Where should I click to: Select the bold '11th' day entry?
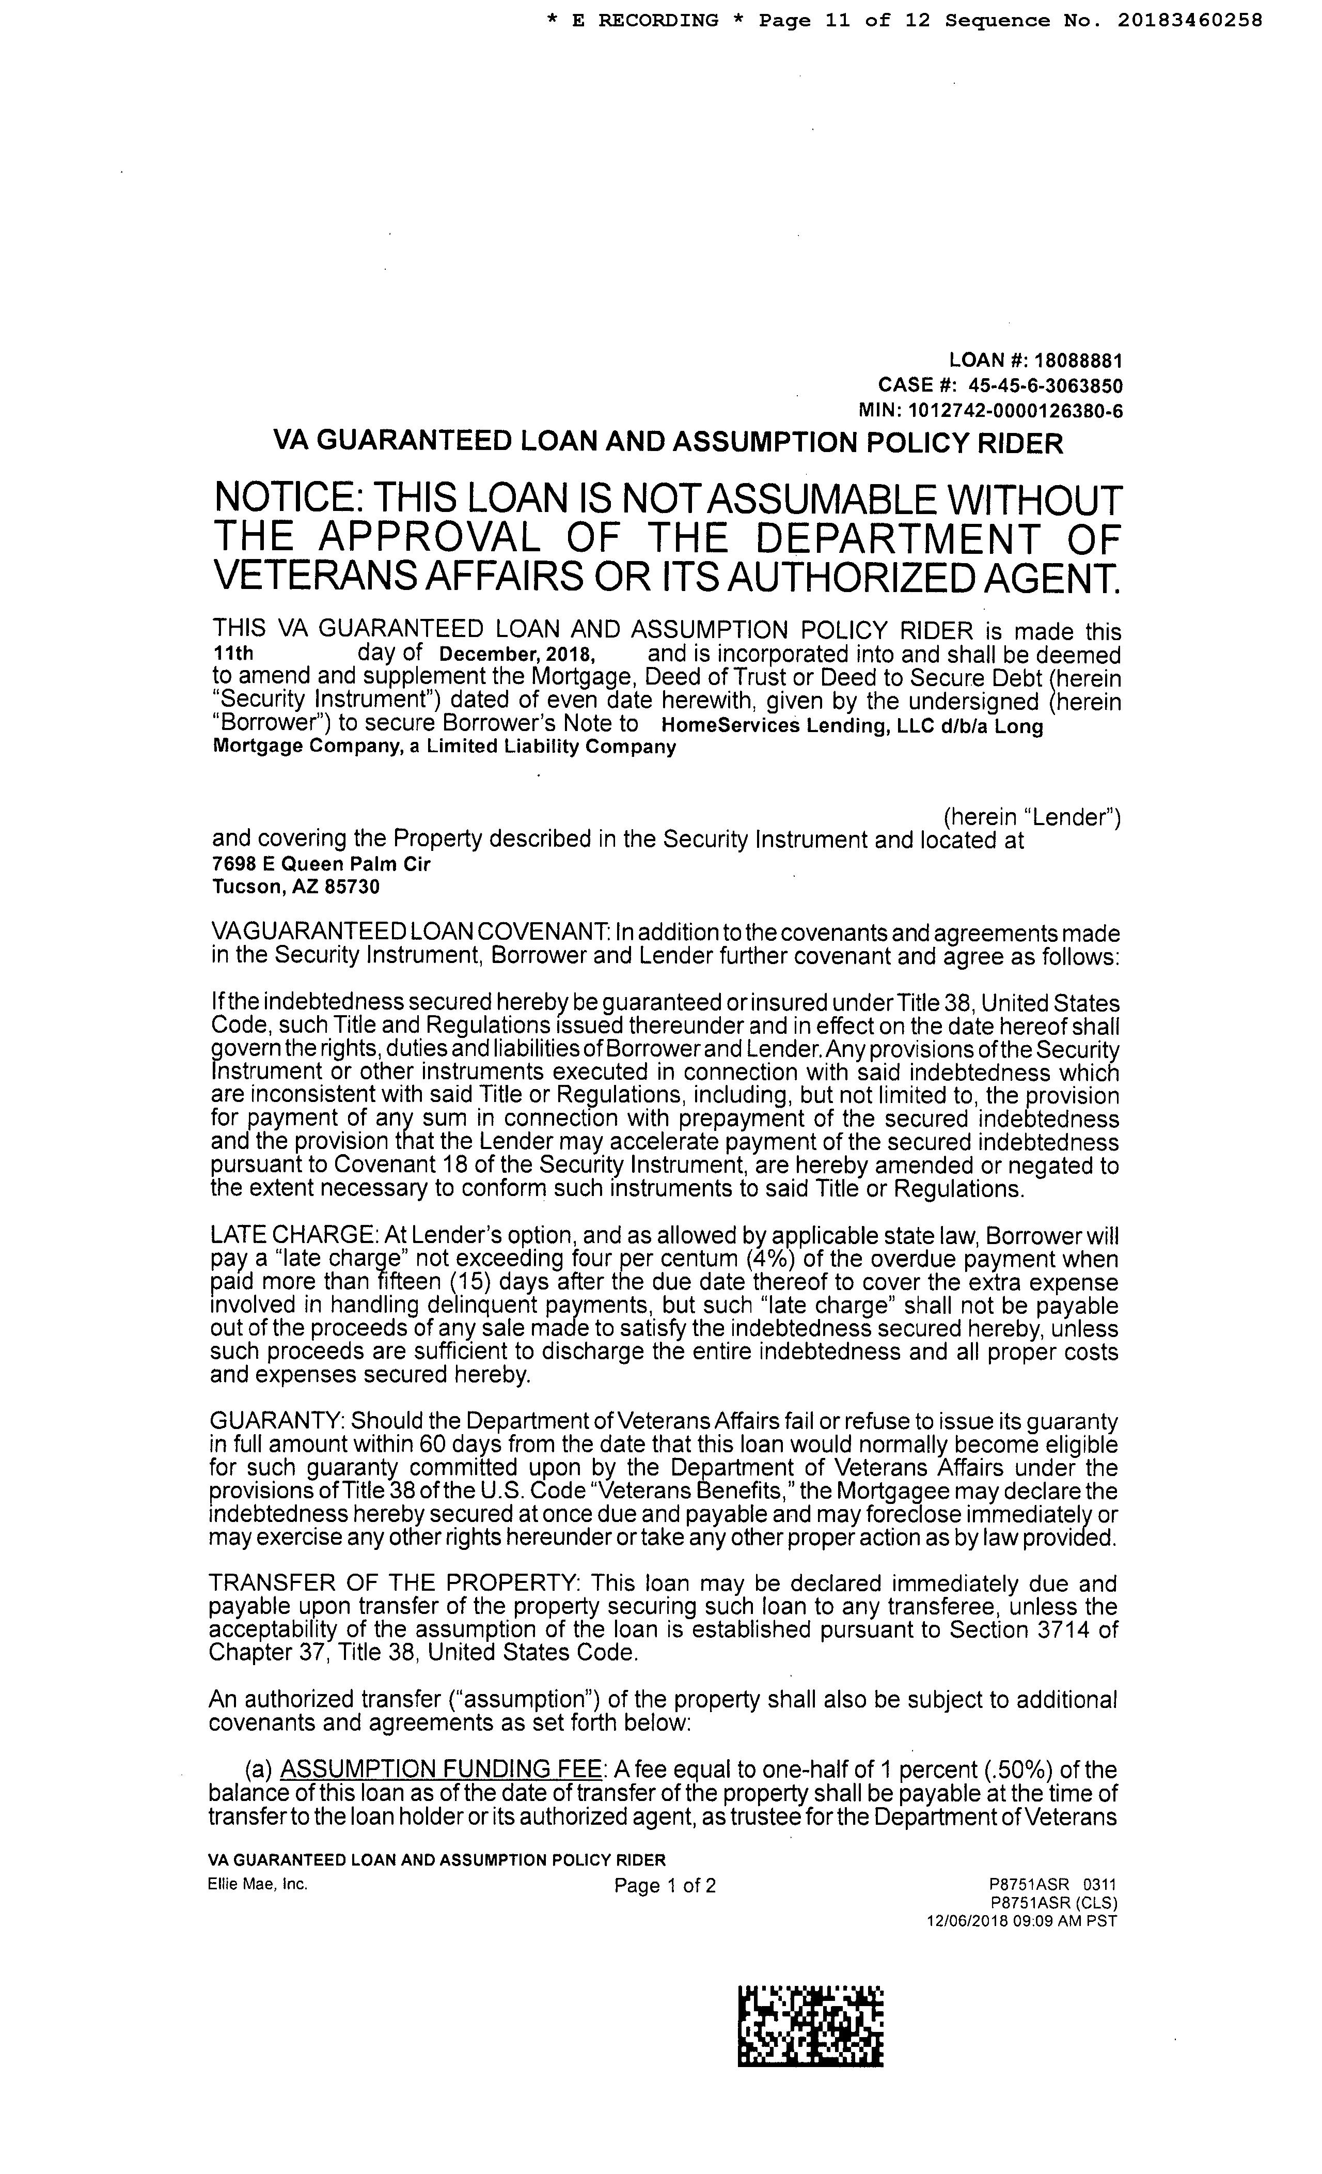[x=234, y=654]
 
